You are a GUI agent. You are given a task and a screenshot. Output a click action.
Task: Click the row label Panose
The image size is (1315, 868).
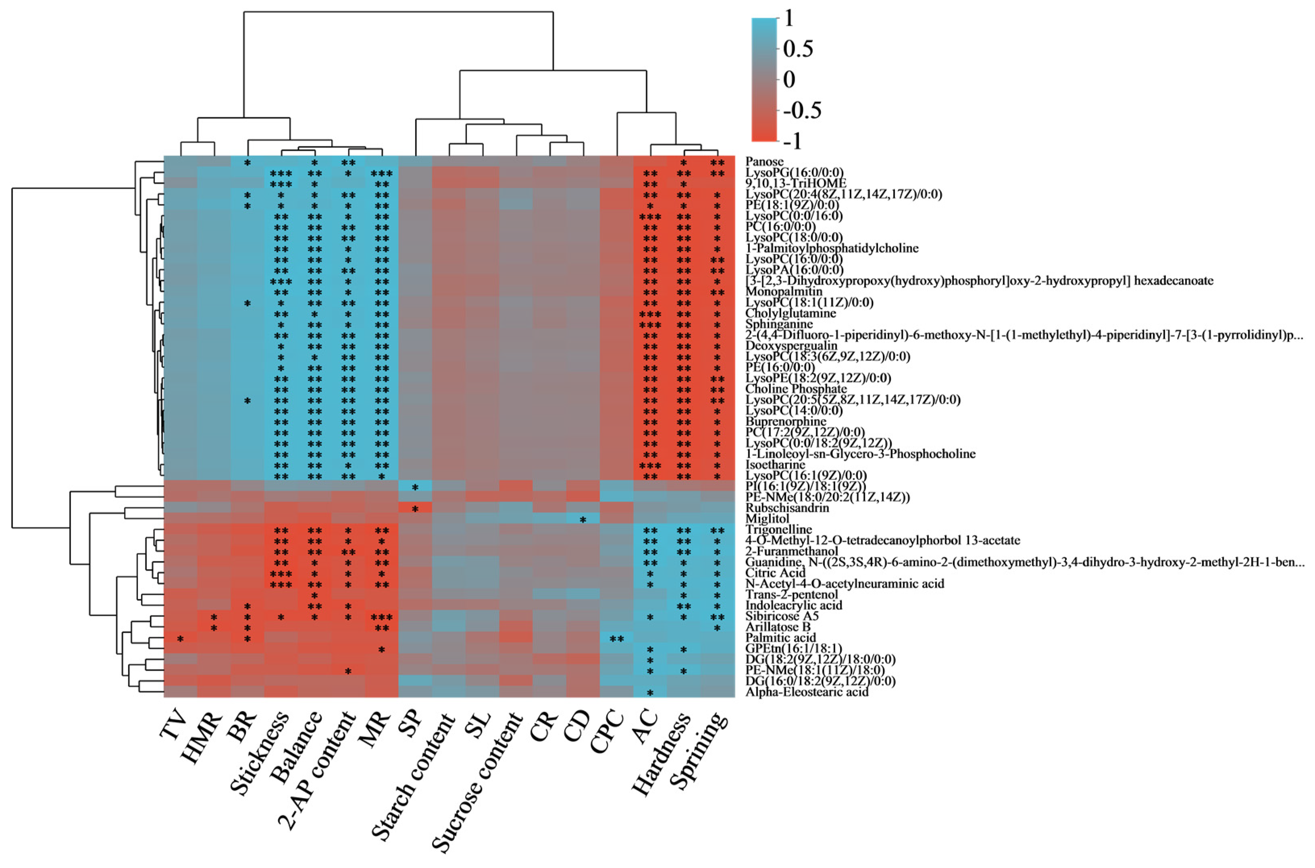coord(765,162)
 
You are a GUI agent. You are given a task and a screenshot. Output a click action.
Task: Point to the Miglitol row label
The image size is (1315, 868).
coord(768,519)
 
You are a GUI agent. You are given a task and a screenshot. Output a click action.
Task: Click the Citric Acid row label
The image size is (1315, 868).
coord(775,572)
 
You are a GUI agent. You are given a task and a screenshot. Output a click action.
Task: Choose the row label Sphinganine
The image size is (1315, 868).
coord(779,324)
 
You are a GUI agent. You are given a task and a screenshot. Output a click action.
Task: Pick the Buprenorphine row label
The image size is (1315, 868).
coord(786,421)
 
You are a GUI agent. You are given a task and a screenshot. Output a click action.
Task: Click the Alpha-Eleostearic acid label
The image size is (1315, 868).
coord(807,692)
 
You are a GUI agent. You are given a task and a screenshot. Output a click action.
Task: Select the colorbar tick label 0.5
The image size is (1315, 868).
coord(798,49)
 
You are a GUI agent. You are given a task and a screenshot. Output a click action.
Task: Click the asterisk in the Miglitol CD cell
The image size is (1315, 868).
coord(583,520)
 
